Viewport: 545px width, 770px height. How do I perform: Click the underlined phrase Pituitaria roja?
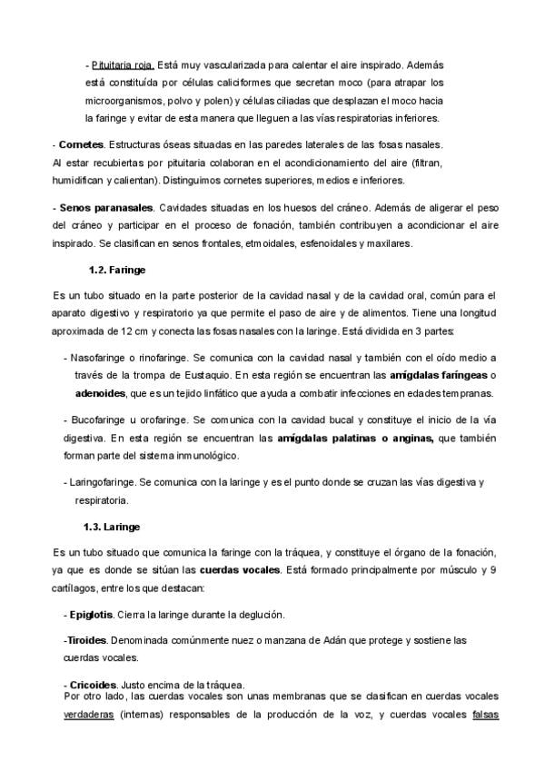pos(123,66)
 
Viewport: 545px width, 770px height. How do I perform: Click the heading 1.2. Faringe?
pos(117,271)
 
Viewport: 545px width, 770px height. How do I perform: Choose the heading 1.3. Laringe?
pos(111,527)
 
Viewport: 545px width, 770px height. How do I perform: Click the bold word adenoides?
pos(101,393)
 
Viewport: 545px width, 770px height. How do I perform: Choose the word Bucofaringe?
pos(96,420)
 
